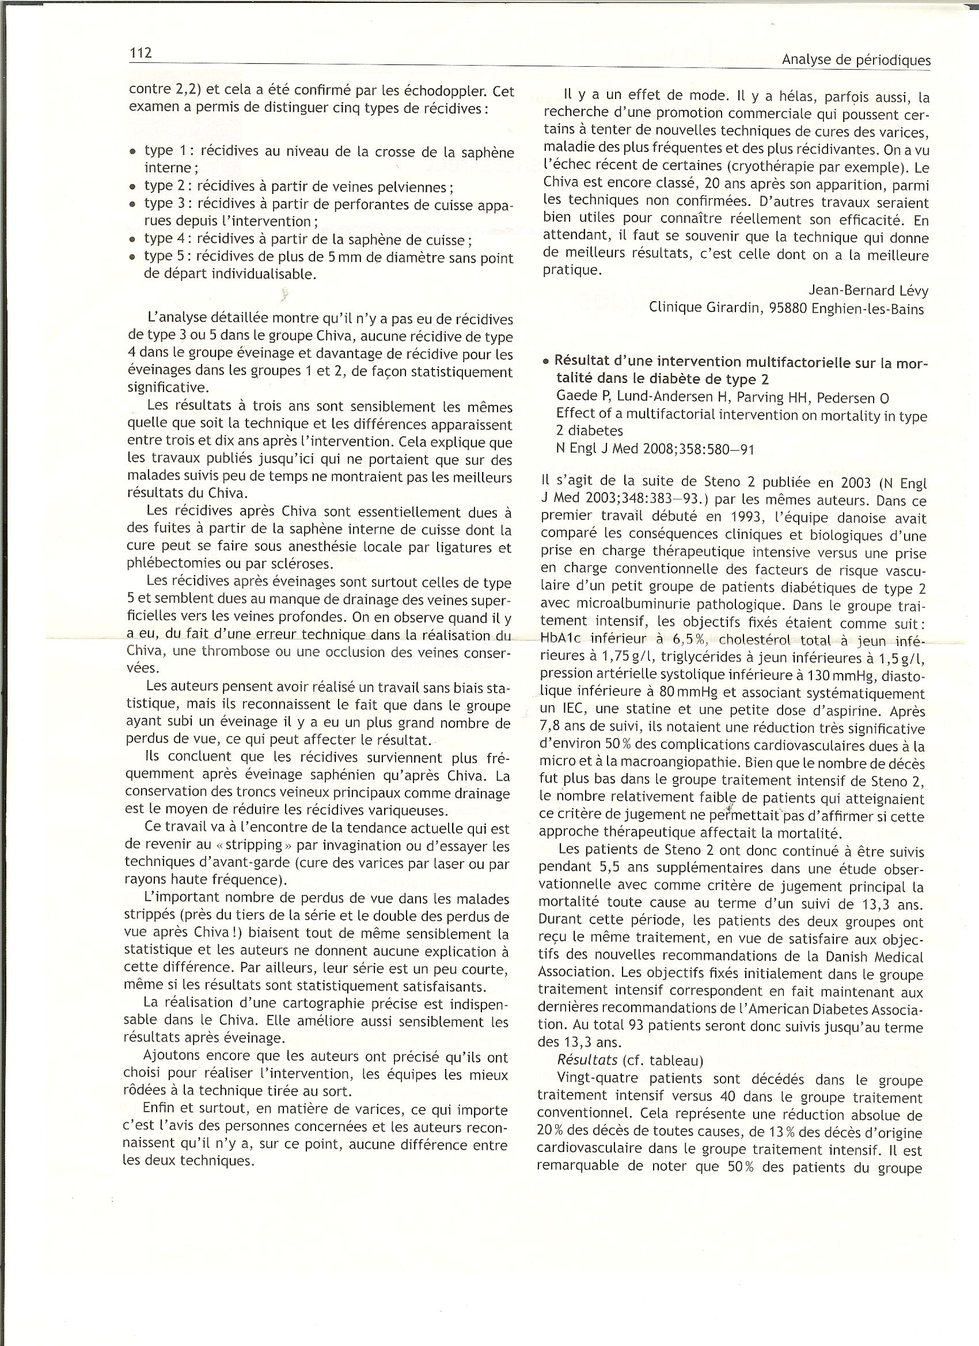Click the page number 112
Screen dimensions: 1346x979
click(x=141, y=53)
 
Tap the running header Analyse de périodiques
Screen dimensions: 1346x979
click(x=856, y=60)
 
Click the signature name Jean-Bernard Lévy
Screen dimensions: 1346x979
click(x=868, y=291)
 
